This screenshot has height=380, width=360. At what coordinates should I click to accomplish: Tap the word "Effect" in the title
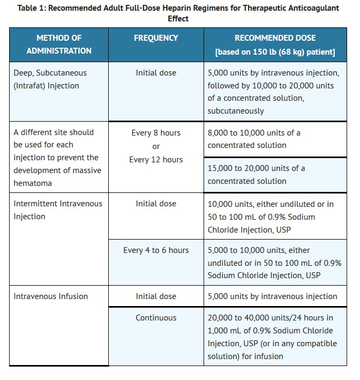178,18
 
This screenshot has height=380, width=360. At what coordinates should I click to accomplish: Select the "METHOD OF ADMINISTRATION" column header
59,44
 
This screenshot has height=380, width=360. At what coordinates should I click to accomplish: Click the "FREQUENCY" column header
156,38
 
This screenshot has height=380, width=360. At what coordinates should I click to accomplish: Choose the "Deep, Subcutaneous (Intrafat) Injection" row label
50,79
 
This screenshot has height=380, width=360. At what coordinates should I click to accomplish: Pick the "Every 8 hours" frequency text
156,132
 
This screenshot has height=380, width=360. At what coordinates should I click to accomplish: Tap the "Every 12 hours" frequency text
156,159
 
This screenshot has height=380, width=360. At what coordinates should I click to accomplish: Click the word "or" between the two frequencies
156,146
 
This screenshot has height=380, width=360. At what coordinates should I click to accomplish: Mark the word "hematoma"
33,183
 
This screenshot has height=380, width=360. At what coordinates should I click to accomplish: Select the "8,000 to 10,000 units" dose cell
254,139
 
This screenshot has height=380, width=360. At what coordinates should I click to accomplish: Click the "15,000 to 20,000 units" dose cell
256,174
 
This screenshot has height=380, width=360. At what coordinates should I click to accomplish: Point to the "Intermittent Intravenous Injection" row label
58,210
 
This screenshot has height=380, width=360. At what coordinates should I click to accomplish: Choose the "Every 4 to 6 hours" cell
156,250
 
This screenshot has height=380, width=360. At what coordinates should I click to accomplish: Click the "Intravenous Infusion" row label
51,296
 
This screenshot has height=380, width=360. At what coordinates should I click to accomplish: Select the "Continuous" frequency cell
156,317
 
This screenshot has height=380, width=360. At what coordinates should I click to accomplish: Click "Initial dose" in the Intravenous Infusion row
156,296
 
